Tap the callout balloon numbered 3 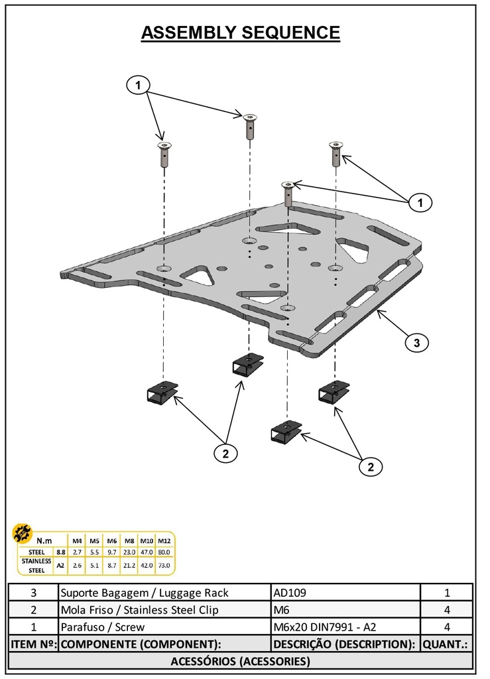click(x=416, y=343)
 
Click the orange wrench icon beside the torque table click(x=23, y=532)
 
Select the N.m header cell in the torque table click(x=45, y=540)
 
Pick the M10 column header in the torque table click(x=147, y=540)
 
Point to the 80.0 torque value click(x=164, y=552)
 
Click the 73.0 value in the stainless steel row click(x=164, y=565)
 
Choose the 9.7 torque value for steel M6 click(x=112, y=552)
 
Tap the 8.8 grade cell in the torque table click(x=60, y=552)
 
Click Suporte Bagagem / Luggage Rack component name click(x=144, y=592)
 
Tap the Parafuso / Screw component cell click(x=102, y=627)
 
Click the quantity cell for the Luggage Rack click(x=446, y=592)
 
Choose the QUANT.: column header click(x=446, y=644)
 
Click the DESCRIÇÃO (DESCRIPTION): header click(x=344, y=644)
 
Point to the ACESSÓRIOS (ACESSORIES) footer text click(x=241, y=661)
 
